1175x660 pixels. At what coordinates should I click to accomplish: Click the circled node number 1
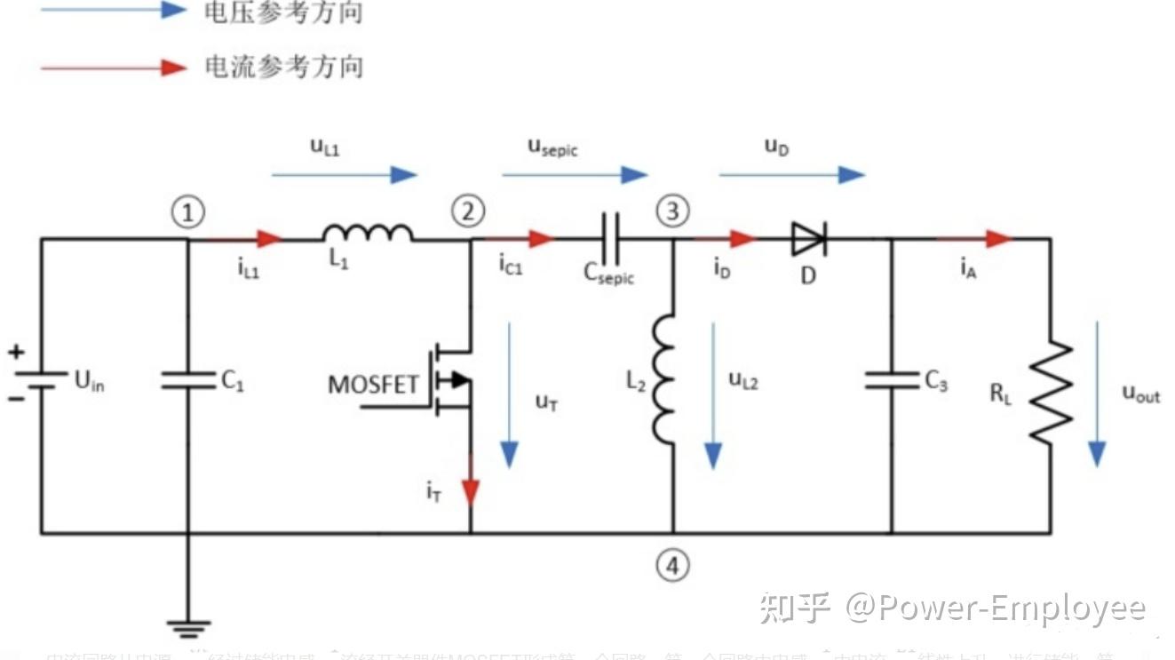point(187,212)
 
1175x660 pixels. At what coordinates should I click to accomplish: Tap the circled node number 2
point(468,211)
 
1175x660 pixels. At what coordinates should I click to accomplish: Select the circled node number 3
point(672,211)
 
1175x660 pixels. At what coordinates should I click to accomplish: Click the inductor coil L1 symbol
point(368,233)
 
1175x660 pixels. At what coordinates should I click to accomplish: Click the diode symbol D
point(808,238)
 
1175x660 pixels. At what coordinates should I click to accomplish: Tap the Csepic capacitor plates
point(610,238)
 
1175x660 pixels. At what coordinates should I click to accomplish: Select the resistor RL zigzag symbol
point(1051,390)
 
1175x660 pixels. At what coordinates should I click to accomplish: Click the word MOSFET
point(373,385)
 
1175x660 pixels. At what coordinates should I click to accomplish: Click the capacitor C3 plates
point(892,380)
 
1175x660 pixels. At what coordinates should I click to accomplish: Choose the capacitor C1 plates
point(188,380)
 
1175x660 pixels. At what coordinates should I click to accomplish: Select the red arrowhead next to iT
point(470,490)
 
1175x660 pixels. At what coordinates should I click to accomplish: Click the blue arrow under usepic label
point(575,175)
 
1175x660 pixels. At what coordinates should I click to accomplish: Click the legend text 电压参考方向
point(283,12)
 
